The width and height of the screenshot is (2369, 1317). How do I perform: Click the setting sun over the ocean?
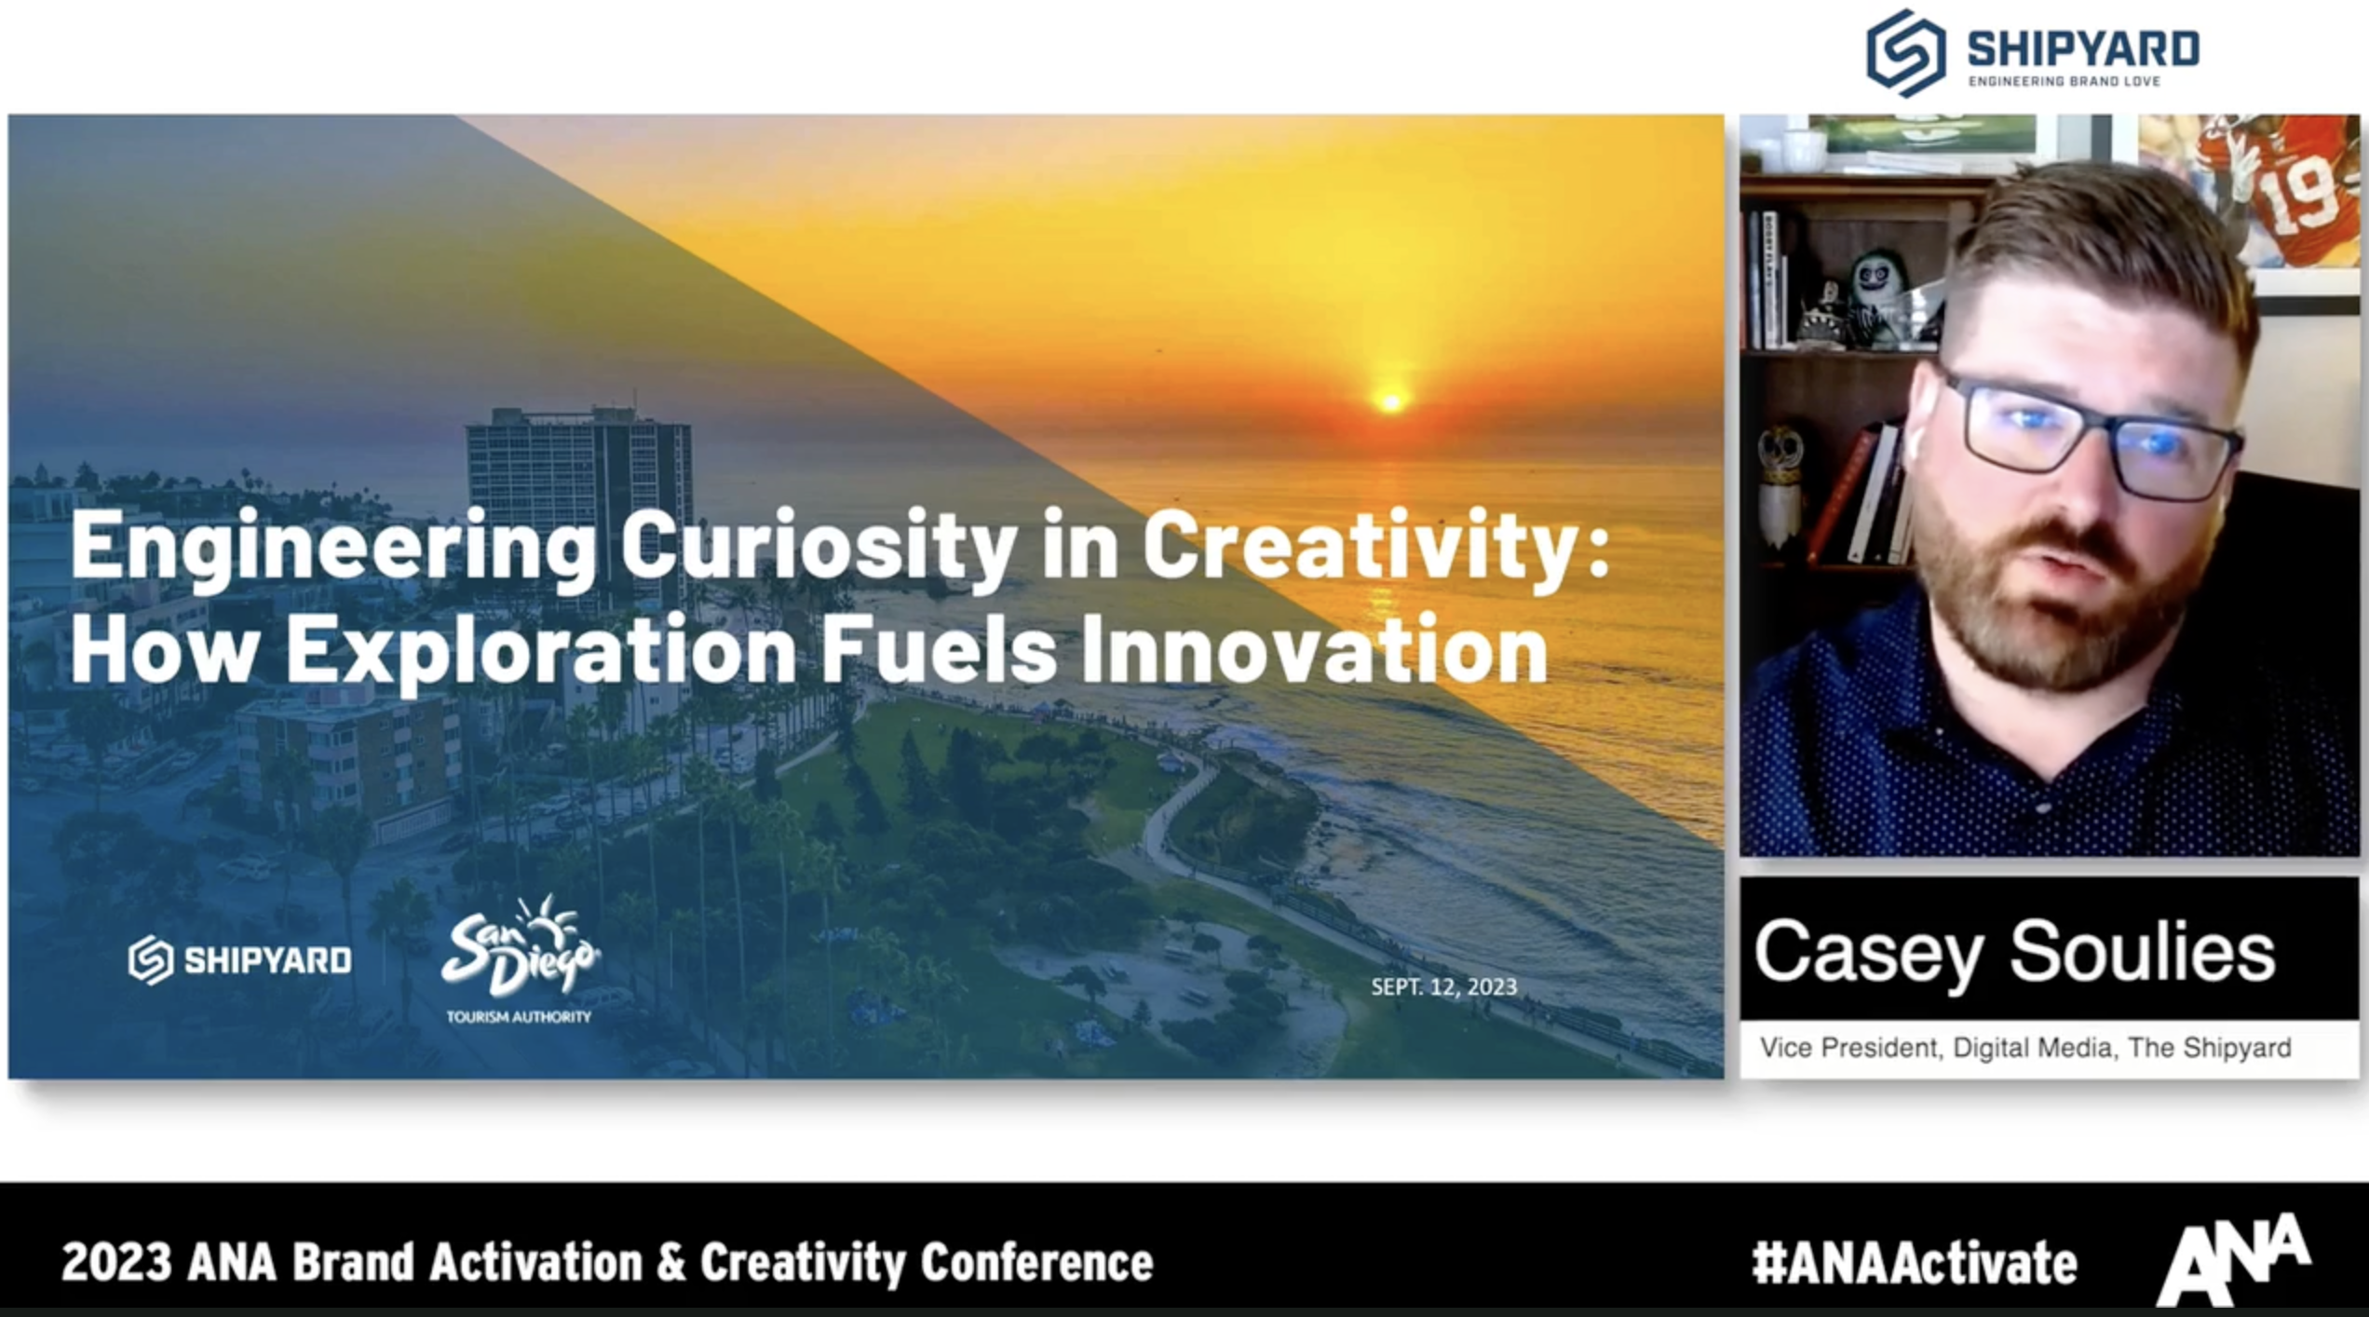coord(1390,401)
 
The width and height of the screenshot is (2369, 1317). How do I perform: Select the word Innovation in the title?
coord(1314,649)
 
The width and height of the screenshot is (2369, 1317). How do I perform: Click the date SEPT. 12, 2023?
coord(1443,986)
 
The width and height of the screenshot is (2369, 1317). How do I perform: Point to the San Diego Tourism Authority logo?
coord(520,959)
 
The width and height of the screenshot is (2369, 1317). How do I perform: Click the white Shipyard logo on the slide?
coord(240,960)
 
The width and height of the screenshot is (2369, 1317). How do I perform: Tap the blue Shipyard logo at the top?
coord(2033,52)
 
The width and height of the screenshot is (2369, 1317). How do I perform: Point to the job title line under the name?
coord(2025,1048)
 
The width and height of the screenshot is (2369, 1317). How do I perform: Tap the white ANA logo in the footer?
coord(2234,1259)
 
